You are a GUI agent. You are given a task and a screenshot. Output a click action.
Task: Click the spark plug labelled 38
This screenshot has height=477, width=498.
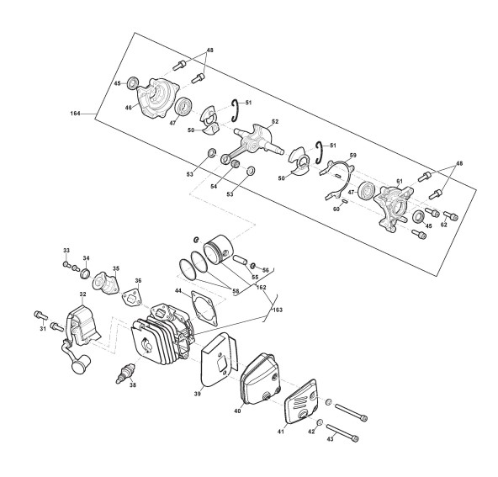[125, 374]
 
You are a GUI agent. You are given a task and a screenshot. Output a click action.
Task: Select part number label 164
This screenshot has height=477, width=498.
[76, 114]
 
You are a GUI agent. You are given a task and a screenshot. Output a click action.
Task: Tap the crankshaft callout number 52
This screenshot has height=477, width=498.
[275, 121]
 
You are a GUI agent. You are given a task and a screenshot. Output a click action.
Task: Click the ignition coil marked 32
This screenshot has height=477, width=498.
[80, 337]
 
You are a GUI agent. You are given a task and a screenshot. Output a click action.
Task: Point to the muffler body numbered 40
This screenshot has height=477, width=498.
[261, 379]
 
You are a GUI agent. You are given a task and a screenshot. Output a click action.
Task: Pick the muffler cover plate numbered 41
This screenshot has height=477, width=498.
[300, 401]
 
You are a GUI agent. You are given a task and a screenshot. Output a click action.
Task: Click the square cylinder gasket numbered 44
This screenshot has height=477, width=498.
[204, 308]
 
